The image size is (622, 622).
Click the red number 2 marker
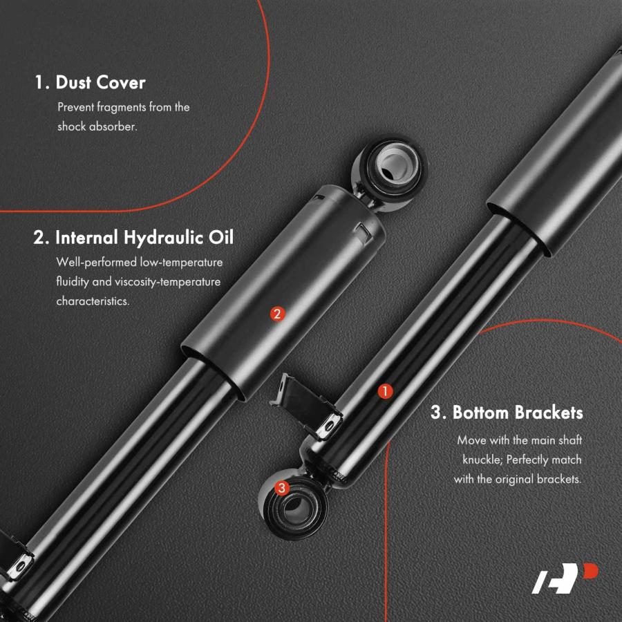pos(277,314)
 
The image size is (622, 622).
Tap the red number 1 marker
pos(385,392)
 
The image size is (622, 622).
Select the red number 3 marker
pos(282,487)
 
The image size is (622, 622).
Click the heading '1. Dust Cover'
pos(90,82)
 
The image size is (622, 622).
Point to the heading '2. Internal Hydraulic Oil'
pos(133,238)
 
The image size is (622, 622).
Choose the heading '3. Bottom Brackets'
pos(507,413)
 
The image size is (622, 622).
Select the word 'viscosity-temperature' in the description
pos(167,282)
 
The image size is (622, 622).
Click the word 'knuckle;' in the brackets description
pos(483,460)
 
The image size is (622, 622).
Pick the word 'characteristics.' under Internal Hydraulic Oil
pos(93,301)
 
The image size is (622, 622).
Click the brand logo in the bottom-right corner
pos(565,578)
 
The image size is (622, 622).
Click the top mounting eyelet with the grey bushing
pos(390,171)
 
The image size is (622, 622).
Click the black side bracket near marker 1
pos(305,406)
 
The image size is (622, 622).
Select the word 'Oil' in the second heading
pos(221,237)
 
